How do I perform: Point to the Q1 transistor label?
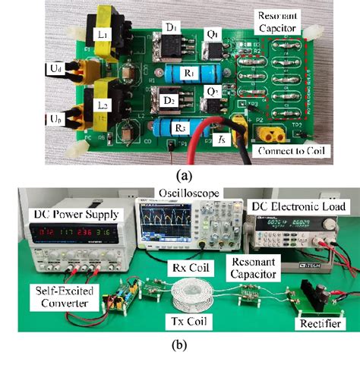[213, 35]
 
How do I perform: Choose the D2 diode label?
[172, 99]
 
